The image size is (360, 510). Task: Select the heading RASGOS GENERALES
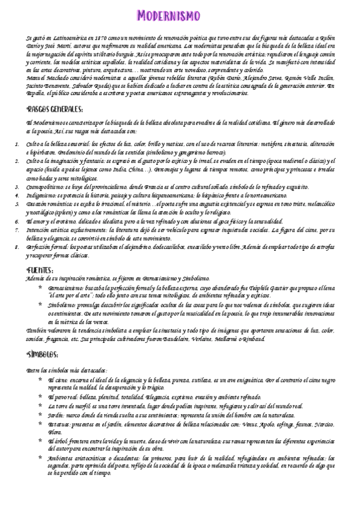[x=55, y=109]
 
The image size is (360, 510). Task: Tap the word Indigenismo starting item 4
[x=41, y=195]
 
